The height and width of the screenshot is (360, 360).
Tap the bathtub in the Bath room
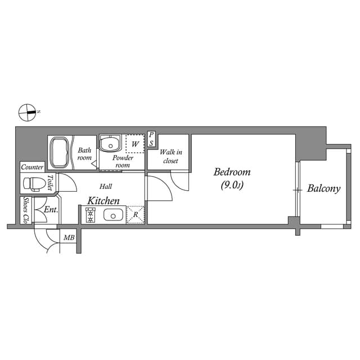click(59, 152)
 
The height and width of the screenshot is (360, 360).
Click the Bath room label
click(84, 154)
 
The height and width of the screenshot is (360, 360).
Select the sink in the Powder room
click(109, 143)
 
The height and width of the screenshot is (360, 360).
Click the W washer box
click(135, 144)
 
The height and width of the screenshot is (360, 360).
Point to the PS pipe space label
click(151, 139)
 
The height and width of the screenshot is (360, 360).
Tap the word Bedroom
click(232, 172)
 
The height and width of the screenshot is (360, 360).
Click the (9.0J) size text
click(232, 184)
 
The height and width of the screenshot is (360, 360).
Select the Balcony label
click(323, 188)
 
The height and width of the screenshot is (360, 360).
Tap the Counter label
click(32, 167)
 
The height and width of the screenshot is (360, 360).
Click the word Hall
click(106, 186)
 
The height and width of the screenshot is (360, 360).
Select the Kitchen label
click(103, 201)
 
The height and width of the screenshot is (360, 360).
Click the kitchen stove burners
click(91, 215)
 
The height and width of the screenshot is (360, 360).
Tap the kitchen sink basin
click(114, 215)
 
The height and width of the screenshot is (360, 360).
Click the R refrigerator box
click(136, 215)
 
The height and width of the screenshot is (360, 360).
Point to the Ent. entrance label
click(51, 210)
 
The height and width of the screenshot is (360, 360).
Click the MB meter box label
click(69, 238)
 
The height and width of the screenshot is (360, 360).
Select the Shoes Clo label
click(25, 210)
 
